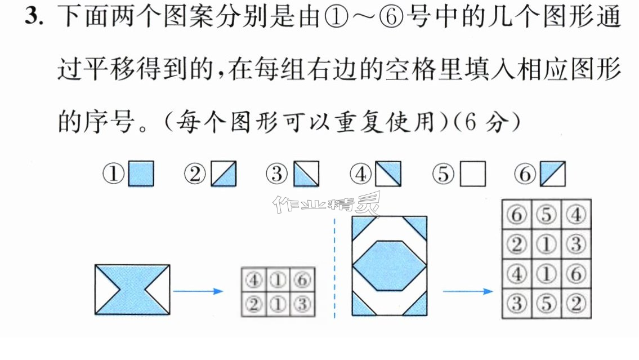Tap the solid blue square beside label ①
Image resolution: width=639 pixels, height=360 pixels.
point(141,174)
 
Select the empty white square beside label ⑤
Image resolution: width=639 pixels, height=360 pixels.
point(473,174)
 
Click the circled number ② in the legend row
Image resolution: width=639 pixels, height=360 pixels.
point(195,174)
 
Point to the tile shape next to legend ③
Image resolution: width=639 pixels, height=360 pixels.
point(306,174)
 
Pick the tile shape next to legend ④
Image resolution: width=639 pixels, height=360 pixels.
point(388,174)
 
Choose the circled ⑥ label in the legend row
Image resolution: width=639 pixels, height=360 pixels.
point(525,174)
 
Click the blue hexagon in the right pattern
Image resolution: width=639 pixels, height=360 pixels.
point(389,265)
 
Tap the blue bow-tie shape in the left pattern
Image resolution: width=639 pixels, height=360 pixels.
point(132,290)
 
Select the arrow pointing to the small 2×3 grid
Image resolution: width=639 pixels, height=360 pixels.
point(198,291)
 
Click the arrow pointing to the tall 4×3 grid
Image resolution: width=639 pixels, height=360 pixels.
point(468,291)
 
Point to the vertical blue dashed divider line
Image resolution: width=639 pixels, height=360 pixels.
point(334,268)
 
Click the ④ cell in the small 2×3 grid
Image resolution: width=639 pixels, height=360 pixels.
point(254,279)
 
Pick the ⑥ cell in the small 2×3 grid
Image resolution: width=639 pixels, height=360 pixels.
point(302,279)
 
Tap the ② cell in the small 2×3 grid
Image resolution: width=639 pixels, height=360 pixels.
point(254,304)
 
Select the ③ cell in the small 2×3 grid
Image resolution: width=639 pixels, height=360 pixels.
point(302,304)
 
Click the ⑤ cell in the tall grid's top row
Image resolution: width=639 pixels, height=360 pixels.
point(546,215)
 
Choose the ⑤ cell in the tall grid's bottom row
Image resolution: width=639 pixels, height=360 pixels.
point(546,303)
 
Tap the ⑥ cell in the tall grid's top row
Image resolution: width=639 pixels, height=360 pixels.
point(517,215)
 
